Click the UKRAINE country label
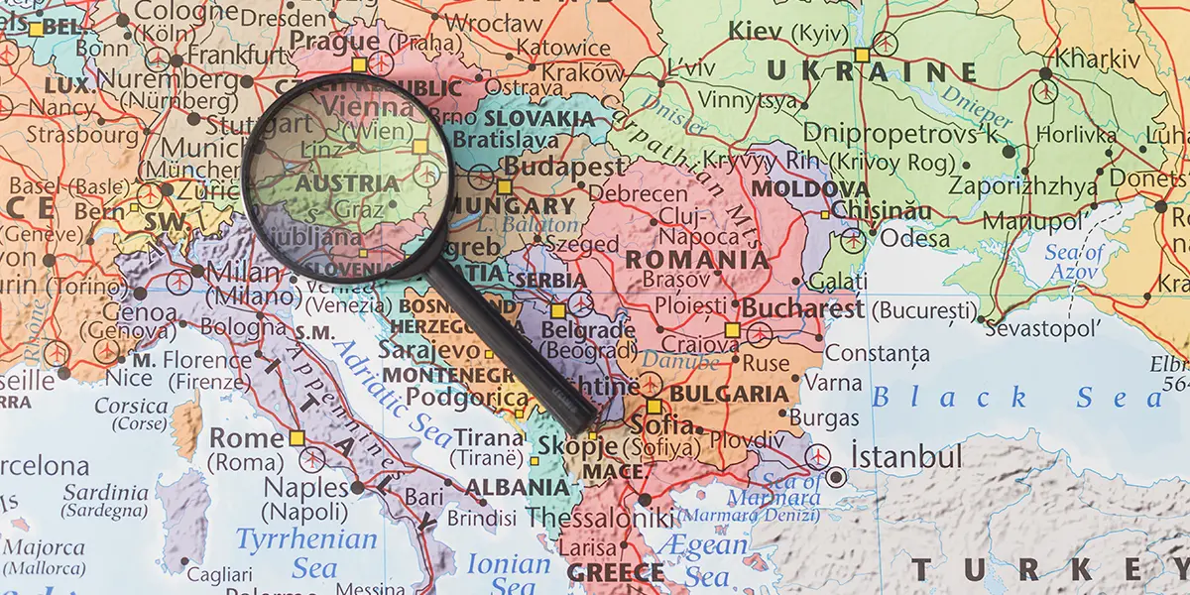871,71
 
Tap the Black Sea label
1016,398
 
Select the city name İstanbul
906,457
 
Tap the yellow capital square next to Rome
297,437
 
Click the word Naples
305,487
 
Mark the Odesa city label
907,238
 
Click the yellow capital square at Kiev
862,55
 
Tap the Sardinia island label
106,493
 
